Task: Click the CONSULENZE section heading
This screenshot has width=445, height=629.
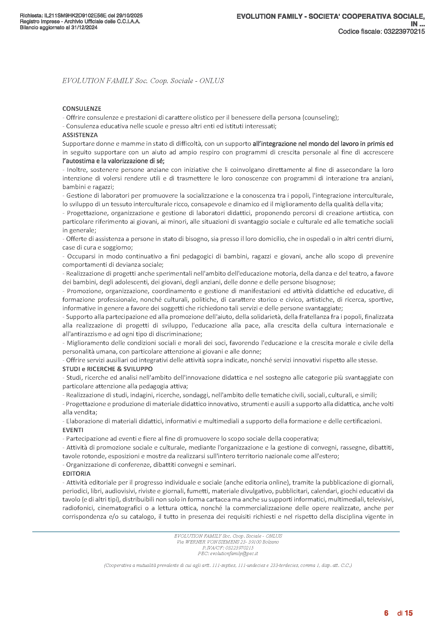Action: click(x=82, y=109)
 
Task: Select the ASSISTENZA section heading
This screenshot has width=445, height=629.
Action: click(x=80, y=135)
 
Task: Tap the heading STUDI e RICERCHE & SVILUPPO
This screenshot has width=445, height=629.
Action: click(x=107, y=369)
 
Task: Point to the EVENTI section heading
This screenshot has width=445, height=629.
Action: click(x=73, y=430)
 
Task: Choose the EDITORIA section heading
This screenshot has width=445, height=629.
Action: click(x=76, y=473)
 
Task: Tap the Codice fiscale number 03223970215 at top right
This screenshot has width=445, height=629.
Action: click(x=404, y=31)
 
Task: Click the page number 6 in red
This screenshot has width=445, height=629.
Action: click(x=386, y=613)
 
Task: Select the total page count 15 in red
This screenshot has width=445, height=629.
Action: click(x=409, y=613)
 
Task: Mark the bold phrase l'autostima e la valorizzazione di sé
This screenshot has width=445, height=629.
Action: click(x=113, y=161)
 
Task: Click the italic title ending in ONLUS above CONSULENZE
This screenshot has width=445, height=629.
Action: click(x=143, y=81)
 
